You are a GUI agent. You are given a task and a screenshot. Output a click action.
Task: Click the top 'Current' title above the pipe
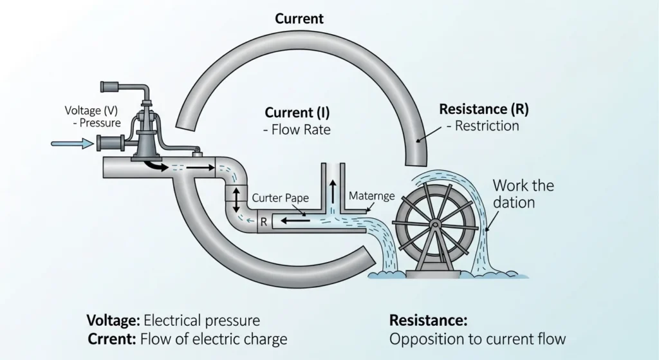click(299, 19)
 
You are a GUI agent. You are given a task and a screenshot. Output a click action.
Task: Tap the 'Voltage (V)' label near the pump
click(91, 111)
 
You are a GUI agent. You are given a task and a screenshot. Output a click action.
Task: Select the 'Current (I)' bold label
click(297, 113)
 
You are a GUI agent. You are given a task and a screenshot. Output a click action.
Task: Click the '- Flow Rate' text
click(296, 129)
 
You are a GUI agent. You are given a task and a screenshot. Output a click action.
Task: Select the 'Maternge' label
click(371, 196)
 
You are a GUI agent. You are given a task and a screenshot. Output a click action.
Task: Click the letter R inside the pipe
click(263, 222)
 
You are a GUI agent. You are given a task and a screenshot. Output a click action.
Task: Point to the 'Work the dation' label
click(523, 194)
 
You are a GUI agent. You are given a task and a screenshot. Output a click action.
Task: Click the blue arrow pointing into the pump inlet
click(71, 144)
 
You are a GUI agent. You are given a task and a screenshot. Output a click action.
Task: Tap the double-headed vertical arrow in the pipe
click(236, 200)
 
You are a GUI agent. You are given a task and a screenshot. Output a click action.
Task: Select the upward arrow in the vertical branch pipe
click(333, 191)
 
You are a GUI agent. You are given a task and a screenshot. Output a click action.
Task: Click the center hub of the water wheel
click(435, 224)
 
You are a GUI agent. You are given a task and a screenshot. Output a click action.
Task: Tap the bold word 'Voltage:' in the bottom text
click(113, 320)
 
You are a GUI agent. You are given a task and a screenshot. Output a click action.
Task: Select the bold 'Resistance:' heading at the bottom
click(428, 320)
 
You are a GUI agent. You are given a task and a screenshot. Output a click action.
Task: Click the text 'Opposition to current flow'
click(478, 338)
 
